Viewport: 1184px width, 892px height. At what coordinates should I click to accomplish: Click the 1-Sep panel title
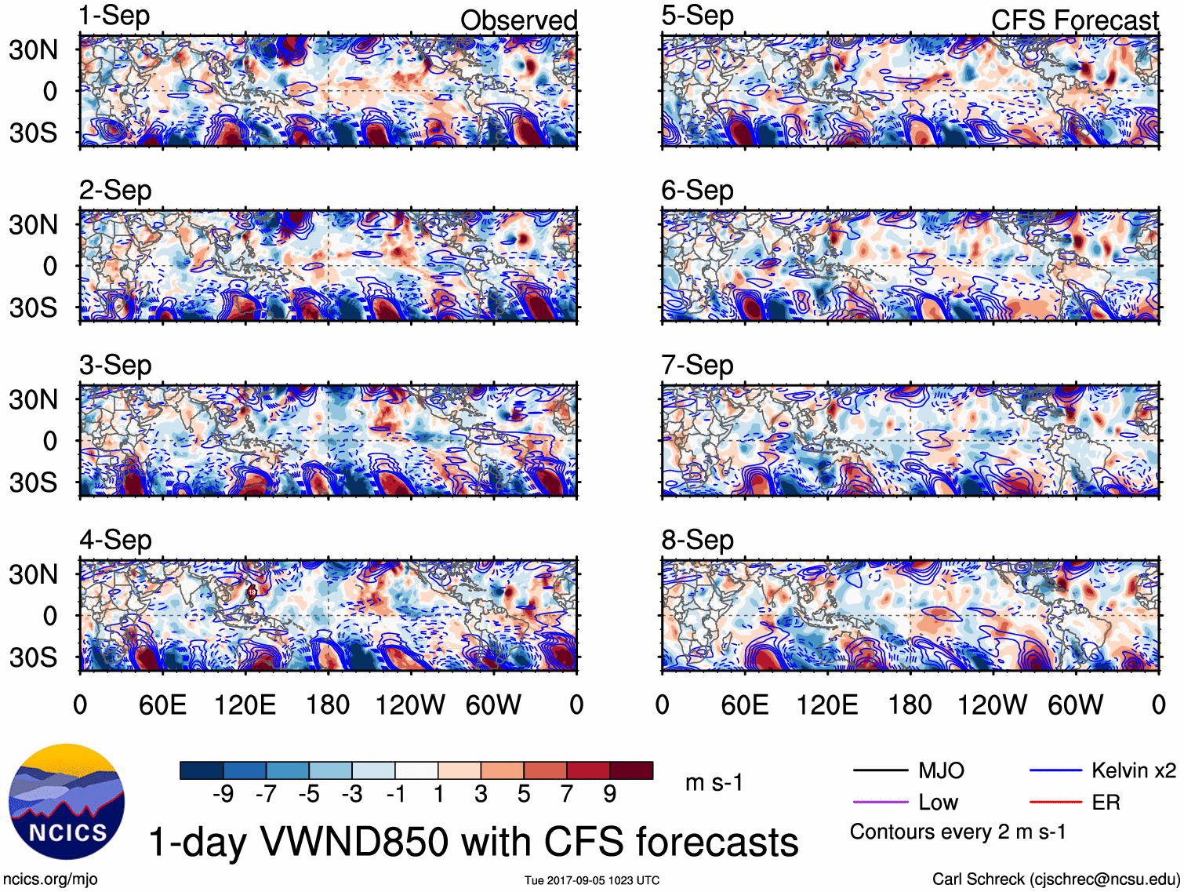(x=114, y=16)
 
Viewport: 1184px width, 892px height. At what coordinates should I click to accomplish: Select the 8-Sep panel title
(x=697, y=540)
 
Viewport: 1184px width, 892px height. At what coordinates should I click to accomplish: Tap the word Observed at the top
(x=518, y=20)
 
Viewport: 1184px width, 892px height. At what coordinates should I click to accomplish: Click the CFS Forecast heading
(x=1074, y=20)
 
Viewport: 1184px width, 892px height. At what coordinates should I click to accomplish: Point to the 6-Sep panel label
(x=697, y=190)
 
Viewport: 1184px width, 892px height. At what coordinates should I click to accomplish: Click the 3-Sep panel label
(x=114, y=365)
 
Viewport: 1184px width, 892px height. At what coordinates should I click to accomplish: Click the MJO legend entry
(x=941, y=770)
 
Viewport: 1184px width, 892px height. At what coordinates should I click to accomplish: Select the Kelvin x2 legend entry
(x=1133, y=770)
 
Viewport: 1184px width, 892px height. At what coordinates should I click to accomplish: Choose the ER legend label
(x=1106, y=803)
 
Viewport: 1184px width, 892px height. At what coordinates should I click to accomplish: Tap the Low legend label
(x=938, y=803)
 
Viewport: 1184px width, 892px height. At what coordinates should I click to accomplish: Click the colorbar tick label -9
(x=223, y=795)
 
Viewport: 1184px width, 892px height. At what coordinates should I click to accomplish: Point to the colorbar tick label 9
(x=609, y=795)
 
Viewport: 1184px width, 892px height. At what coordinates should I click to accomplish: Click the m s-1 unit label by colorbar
(x=714, y=782)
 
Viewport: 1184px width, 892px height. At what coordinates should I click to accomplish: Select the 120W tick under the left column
(x=410, y=704)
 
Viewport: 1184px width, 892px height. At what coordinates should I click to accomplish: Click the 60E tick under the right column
(x=744, y=704)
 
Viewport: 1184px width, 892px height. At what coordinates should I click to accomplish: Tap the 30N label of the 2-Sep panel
(x=33, y=225)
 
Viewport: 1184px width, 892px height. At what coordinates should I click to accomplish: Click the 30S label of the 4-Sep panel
(x=33, y=657)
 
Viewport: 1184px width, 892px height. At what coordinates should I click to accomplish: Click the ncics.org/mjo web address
(x=50, y=879)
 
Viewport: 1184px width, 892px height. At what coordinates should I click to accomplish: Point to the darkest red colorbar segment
(x=631, y=770)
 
